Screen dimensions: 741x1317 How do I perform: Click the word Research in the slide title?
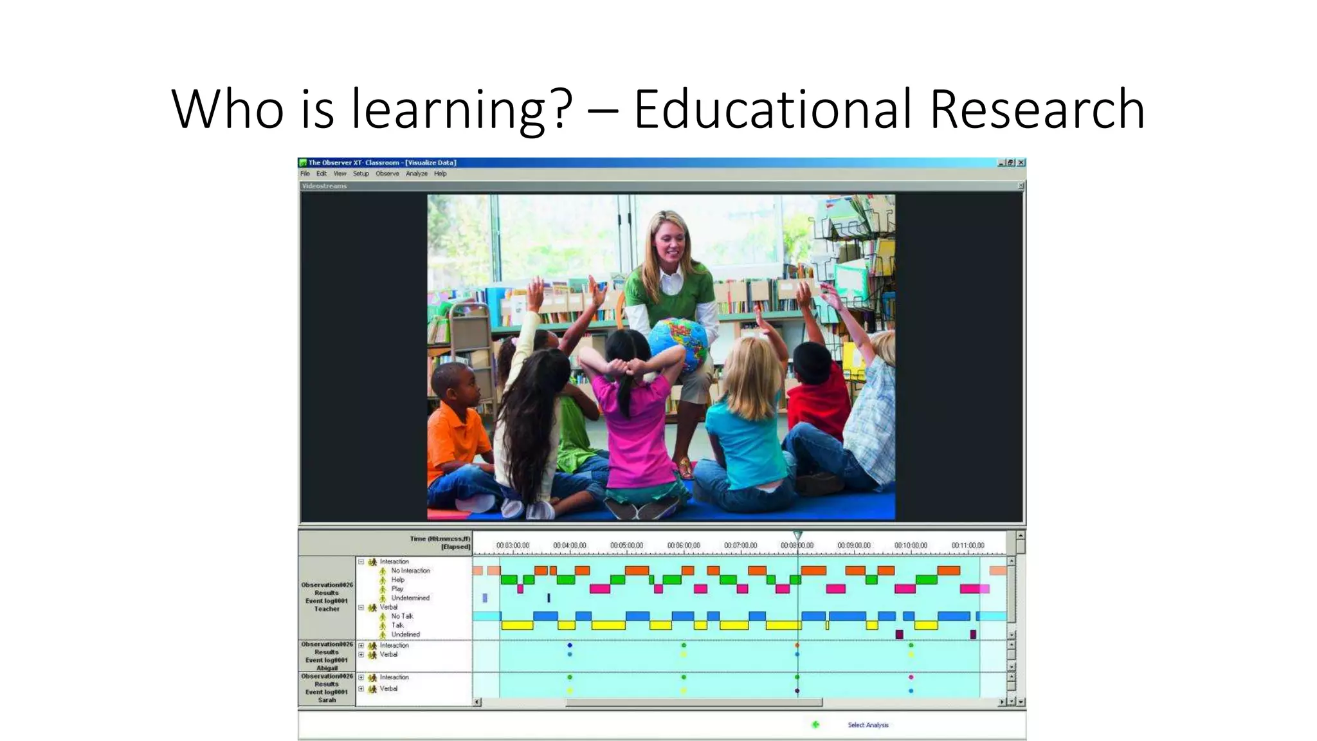tap(1037, 109)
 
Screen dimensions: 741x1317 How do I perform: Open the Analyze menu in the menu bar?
tap(417, 174)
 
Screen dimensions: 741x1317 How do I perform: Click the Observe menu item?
tap(387, 174)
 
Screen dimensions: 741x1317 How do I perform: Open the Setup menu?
tap(361, 174)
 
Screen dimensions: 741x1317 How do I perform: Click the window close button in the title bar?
tap(1021, 163)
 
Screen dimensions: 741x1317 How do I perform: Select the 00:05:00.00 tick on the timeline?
tap(626, 545)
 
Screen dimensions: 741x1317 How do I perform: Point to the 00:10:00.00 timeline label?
tap(911, 545)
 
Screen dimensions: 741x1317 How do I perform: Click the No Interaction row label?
tap(410, 571)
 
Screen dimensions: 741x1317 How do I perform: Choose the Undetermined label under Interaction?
tap(410, 598)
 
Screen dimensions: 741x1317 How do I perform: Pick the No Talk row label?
tap(402, 616)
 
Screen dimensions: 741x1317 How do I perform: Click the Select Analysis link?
tap(867, 725)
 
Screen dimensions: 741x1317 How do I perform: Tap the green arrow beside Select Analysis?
tap(815, 725)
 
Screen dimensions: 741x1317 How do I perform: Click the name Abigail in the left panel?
tap(327, 668)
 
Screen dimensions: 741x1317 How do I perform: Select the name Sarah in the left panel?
tap(327, 700)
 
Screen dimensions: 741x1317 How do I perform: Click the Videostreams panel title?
tap(324, 186)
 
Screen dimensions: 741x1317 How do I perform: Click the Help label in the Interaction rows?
tap(398, 580)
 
